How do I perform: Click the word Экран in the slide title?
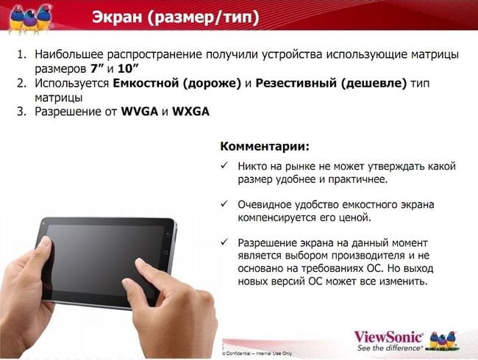(x=117, y=16)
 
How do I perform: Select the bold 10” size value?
(x=128, y=68)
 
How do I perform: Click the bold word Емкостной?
(x=146, y=83)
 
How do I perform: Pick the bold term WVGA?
(x=139, y=112)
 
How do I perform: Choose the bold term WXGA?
(x=191, y=112)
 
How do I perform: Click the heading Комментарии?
(x=265, y=146)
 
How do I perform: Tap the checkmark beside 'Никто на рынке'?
(x=224, y=166)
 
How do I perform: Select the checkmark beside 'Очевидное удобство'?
(x=224, y=204)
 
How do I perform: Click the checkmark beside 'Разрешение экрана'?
(x=224, y=242)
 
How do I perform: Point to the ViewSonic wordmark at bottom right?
(x=388, y=337)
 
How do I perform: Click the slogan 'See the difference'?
(x=389, y=348)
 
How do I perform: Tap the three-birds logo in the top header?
(x=29, y=18)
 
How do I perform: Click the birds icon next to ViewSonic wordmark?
(x=443, y=340)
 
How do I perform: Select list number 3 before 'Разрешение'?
(x=21, y=112)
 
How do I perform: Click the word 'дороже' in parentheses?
(x=212, y=84)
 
